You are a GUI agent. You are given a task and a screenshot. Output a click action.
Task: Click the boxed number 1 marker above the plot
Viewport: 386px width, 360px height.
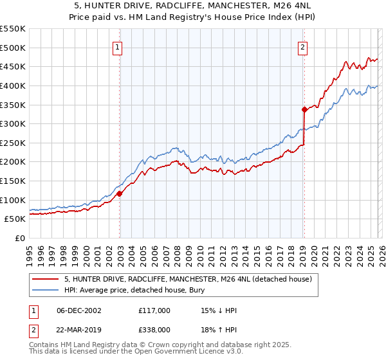click(119, 46)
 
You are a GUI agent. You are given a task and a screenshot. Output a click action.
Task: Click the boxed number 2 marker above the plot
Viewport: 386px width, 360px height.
click(302, 46)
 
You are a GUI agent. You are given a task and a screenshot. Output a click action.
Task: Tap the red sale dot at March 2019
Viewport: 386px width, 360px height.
click(304, 109)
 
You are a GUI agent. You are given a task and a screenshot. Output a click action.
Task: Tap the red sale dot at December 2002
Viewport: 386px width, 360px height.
click(120, 194)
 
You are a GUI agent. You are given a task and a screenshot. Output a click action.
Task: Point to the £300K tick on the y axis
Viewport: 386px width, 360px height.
click(13, 123)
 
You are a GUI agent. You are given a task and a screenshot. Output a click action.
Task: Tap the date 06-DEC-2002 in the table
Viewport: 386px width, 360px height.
click(79, 310)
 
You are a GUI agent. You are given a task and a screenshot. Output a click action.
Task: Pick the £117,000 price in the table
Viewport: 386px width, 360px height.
click(154, 310)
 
